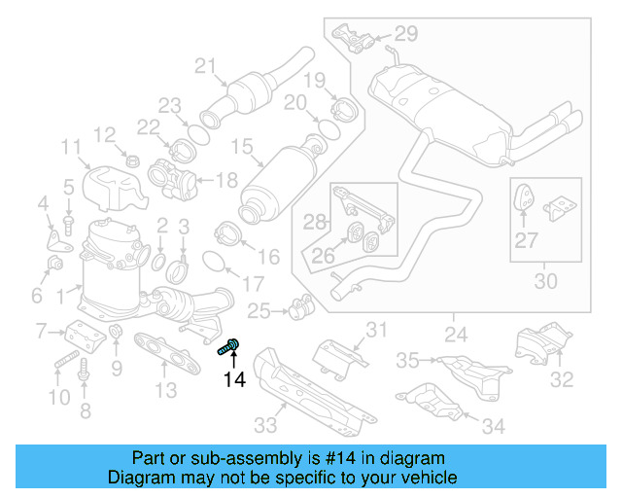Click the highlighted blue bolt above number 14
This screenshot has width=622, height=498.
pyautogui.click(x=230, y=345)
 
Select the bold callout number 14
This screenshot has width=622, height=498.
pyautogui.click(x=234, y=379)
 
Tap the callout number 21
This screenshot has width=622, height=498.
pyautogui.click(x=204, y=66)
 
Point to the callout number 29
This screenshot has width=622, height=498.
pyautogui.click(x=404, y=34)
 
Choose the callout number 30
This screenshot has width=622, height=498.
pyautogui.click(x=545, y=282)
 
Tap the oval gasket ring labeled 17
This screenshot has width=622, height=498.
pyautogui.click(x=216, y=260)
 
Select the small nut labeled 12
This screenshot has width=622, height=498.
pyautogui.click(x=132, y=159)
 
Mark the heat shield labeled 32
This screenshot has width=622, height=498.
pyautogui.click(x=539, y=346)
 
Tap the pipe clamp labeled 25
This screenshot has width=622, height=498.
pyautogui.click(x=300, y=306)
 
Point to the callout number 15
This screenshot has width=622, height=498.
pyautogui.click(x=240, y=148)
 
